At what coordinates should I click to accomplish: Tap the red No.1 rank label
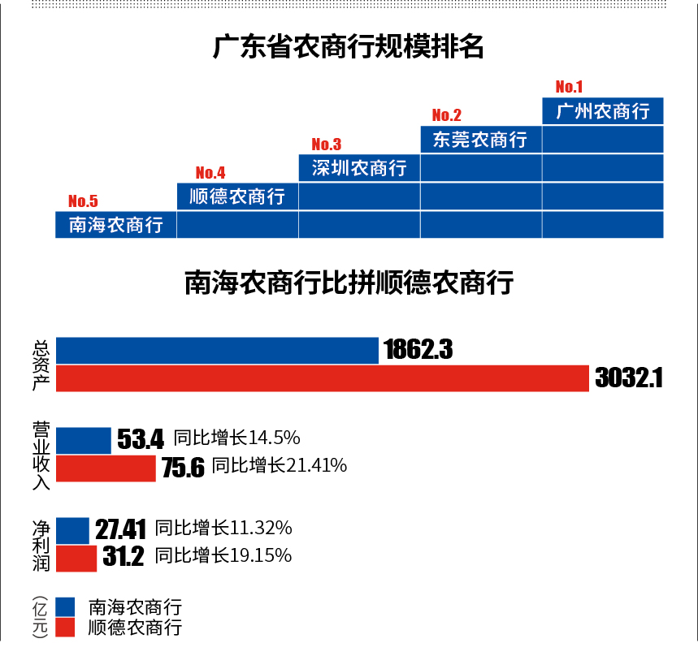click(569, 87)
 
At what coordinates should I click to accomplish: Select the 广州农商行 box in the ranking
click(602, 111)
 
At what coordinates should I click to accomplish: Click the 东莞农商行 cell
click(480, 140)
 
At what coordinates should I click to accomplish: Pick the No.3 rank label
click(326, 145)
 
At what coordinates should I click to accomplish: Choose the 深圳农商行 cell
click(359, 168)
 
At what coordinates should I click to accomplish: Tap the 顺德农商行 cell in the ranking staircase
click(237, 196)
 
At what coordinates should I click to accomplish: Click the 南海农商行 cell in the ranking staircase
click(115, 225)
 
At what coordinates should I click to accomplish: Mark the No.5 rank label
click(83, 201)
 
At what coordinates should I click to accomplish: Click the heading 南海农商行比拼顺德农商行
click(349, 284)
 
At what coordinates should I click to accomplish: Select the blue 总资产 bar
click(217, 351)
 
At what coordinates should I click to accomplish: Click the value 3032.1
click(629, 378)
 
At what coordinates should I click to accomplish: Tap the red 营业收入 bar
click(105, 468)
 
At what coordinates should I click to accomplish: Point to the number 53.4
click(141, 439)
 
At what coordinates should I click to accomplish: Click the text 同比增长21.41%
click(280, 466)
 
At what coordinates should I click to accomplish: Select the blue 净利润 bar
click(72, 529)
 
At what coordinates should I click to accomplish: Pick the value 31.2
click(124, 557)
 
